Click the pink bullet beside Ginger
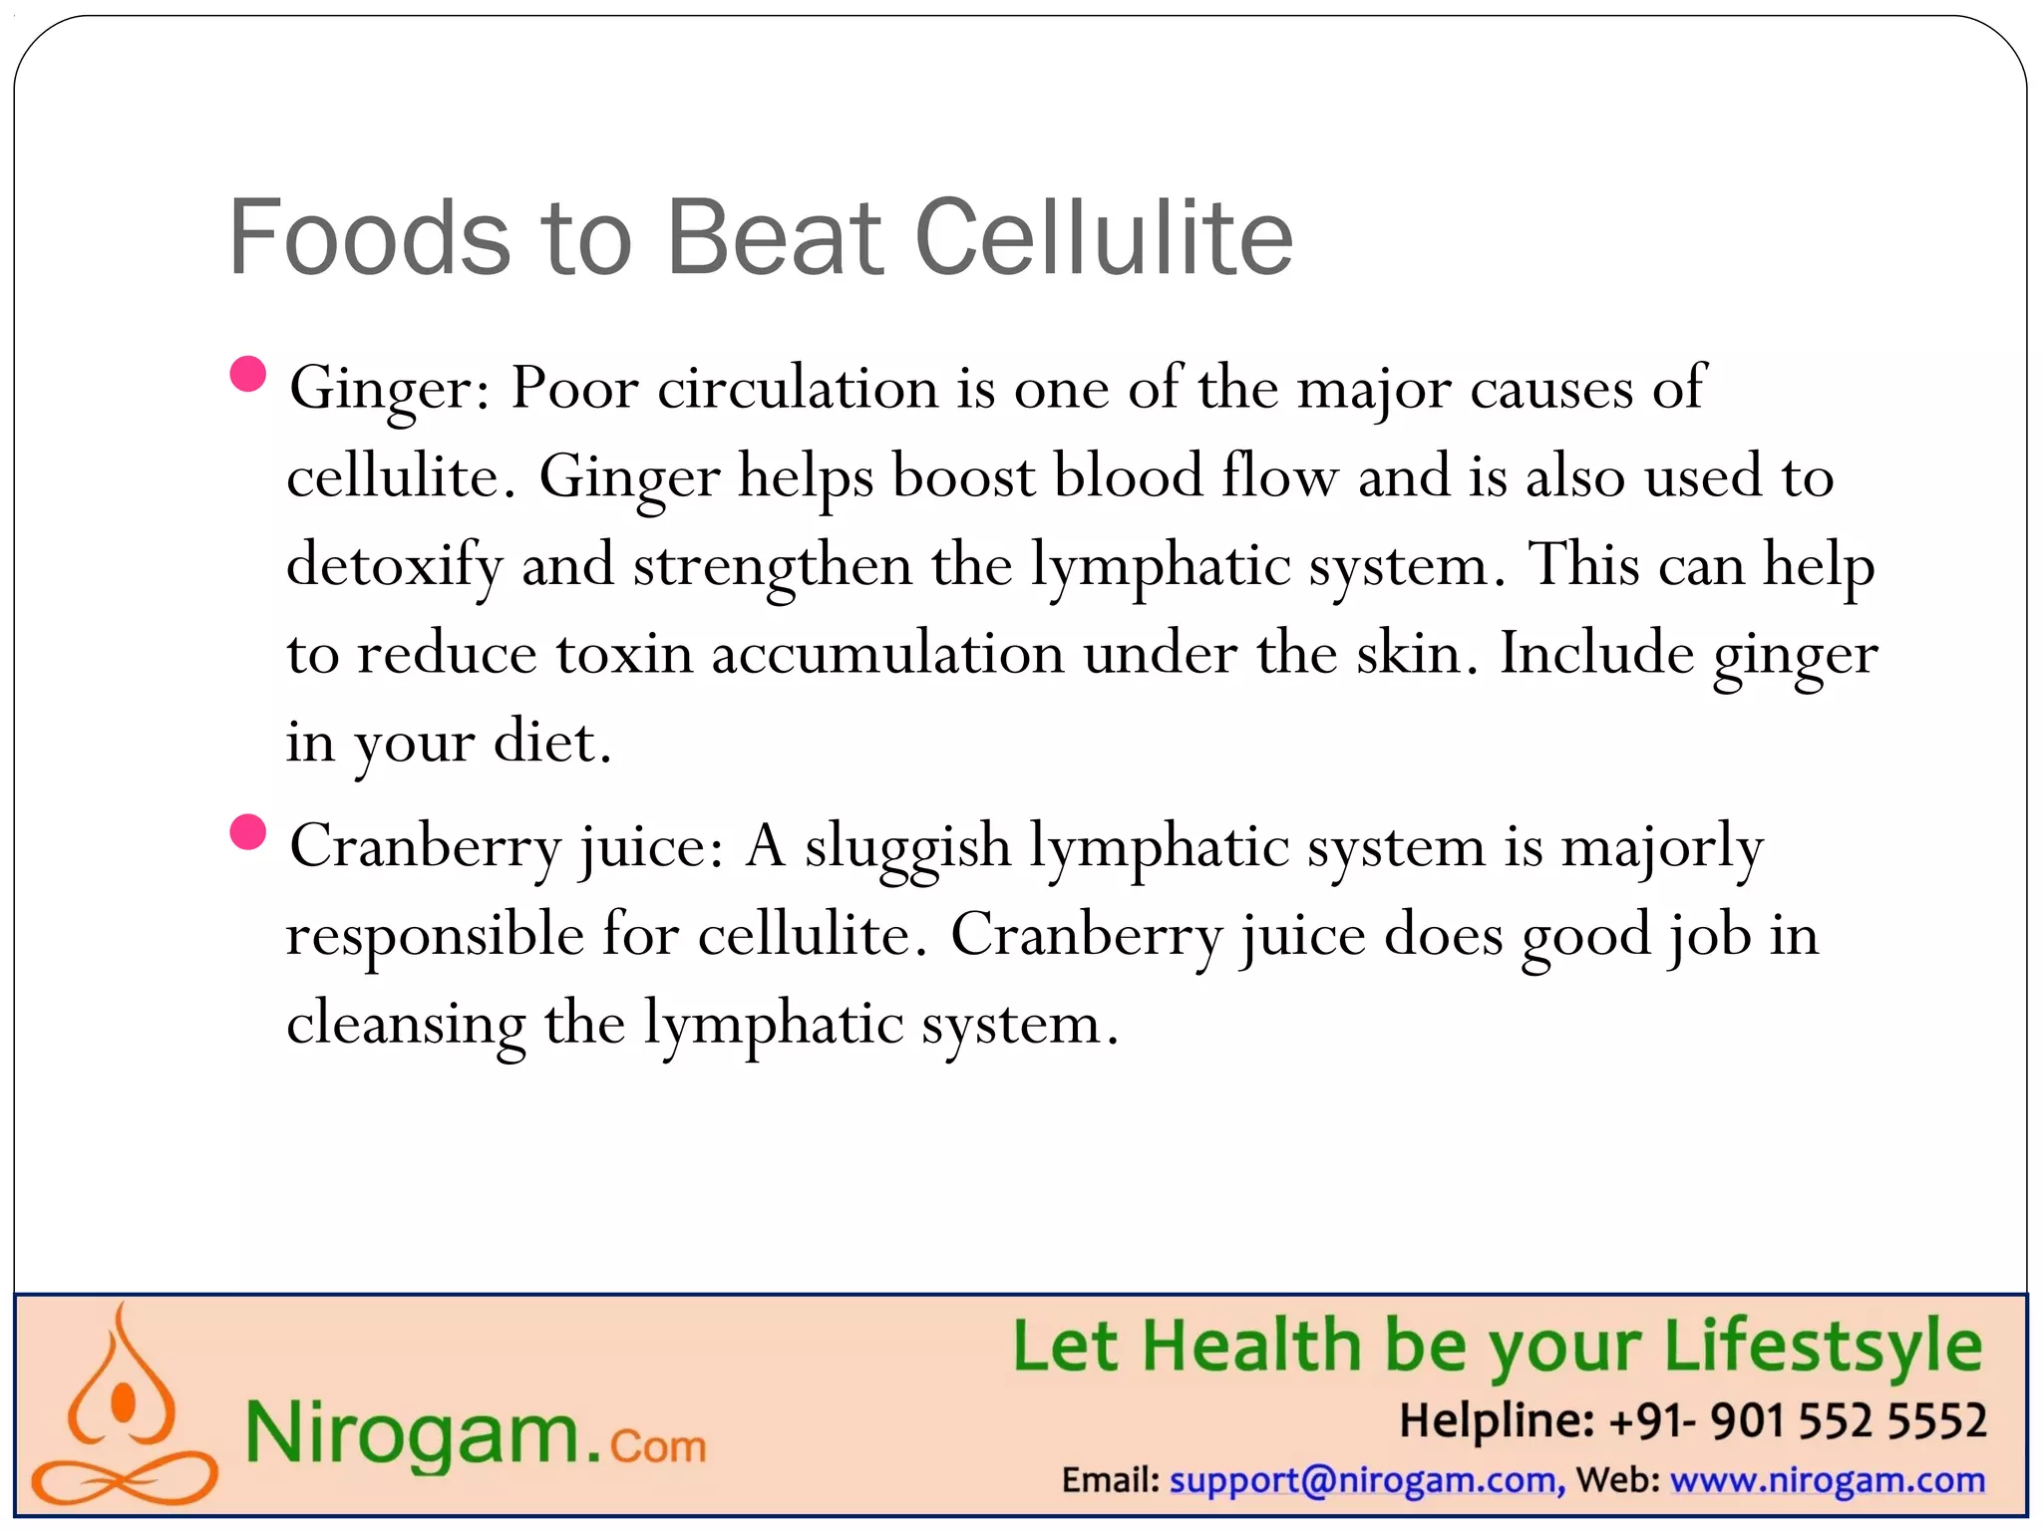(x=247, y=375)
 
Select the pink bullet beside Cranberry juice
(x=247, y=832)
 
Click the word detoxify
(x=395, y=566)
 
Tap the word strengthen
(x=773, y=566)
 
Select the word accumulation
(x=887, y=654)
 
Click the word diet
(x=551, y=742)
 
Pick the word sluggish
(x=907, y=847)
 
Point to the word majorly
(x=1662, y=847)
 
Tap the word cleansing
(x=406, y=1024)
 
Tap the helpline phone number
(x=1798, y=1420)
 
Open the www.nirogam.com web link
(x=1828, y=1480)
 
